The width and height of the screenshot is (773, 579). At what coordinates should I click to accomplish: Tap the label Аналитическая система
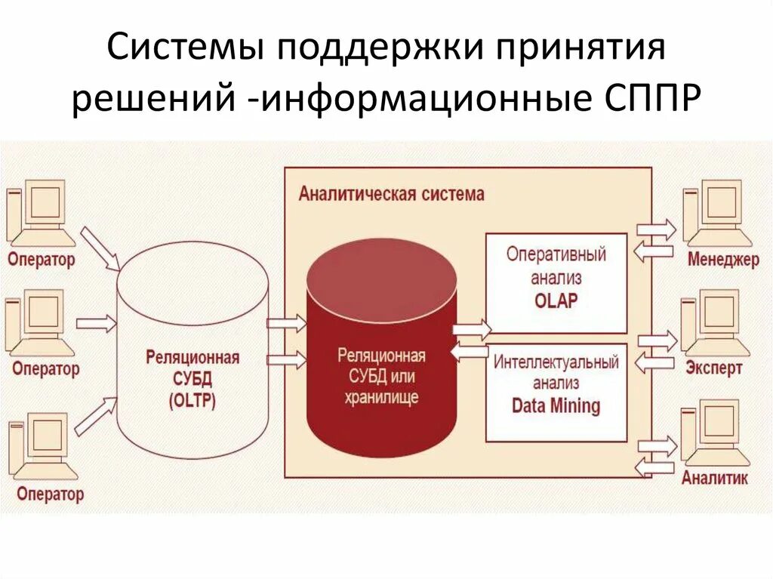391,194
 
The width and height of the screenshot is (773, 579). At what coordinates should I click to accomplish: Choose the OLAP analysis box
556,282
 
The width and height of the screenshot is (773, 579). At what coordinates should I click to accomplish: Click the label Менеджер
723,260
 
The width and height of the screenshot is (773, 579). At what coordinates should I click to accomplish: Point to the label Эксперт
714,368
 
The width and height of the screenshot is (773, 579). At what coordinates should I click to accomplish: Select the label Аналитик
714,478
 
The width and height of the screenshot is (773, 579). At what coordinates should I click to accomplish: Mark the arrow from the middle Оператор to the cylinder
96,323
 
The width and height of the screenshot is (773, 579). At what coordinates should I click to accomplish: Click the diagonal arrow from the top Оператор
100,248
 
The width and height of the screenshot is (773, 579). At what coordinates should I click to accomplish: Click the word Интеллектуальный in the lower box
556,362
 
